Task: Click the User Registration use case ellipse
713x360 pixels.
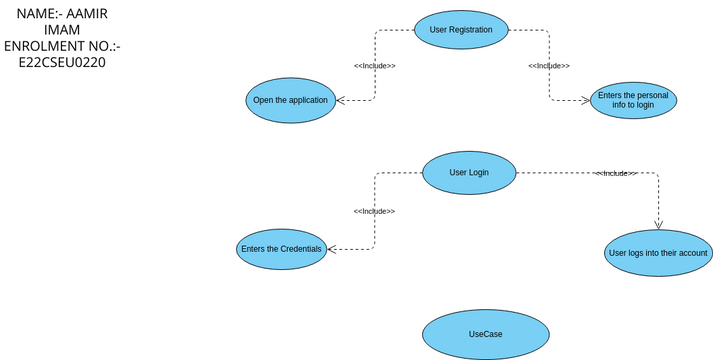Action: click(x=461, y=30)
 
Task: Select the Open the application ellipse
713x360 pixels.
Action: click(x=291, y=100)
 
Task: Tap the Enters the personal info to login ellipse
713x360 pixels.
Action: click(x=633, y=100)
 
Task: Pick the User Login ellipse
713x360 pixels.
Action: click(x=469, y=172)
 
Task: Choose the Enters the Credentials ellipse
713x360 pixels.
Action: click(x=281, y=248)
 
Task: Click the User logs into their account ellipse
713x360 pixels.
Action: click(x=658, y=253)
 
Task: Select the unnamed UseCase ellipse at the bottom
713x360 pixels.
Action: click(x=485, y=334)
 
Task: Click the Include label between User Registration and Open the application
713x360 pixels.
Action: click(x=374, y=66)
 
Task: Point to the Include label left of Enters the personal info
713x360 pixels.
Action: click(x=549, y=66)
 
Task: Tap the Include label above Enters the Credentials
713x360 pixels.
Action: click(x=374, y=211)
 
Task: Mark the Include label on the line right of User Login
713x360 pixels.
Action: click(x=616, y=173)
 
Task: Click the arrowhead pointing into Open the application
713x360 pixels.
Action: click(x=341, y=100)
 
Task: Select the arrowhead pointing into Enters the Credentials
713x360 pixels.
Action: click(x=332, y=248)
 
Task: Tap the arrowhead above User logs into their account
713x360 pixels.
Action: click(x=658, y=224)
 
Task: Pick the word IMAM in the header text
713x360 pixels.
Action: click(x=61, y=30)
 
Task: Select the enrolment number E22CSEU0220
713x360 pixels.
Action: click(x=62, y=62)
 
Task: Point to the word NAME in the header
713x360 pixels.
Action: click(x=36, y=13)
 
